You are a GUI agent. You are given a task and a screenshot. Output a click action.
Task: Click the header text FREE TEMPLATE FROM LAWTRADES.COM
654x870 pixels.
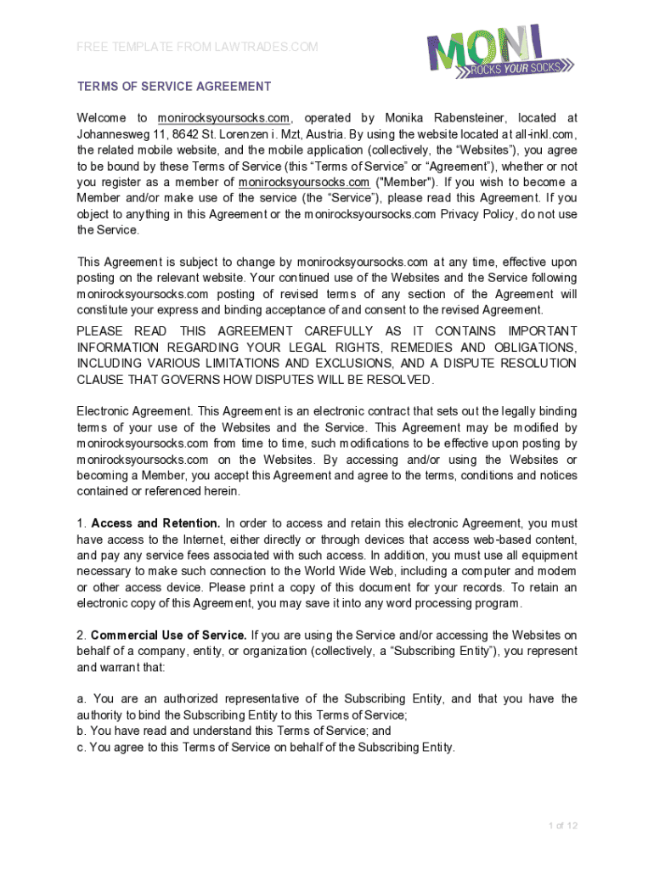(197, 47)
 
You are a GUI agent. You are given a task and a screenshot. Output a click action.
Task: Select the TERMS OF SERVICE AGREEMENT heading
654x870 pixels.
(174, 87)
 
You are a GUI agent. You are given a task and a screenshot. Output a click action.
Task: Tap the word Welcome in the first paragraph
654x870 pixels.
(101, 118)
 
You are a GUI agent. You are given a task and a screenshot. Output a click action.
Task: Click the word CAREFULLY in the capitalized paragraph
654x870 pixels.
(339, 330)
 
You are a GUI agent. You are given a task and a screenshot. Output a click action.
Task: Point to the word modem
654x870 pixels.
(558, 571)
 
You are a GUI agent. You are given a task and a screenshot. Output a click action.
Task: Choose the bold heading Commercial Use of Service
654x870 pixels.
(169, 635)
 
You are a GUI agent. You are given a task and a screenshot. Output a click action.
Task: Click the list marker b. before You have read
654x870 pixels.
(82, 731)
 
